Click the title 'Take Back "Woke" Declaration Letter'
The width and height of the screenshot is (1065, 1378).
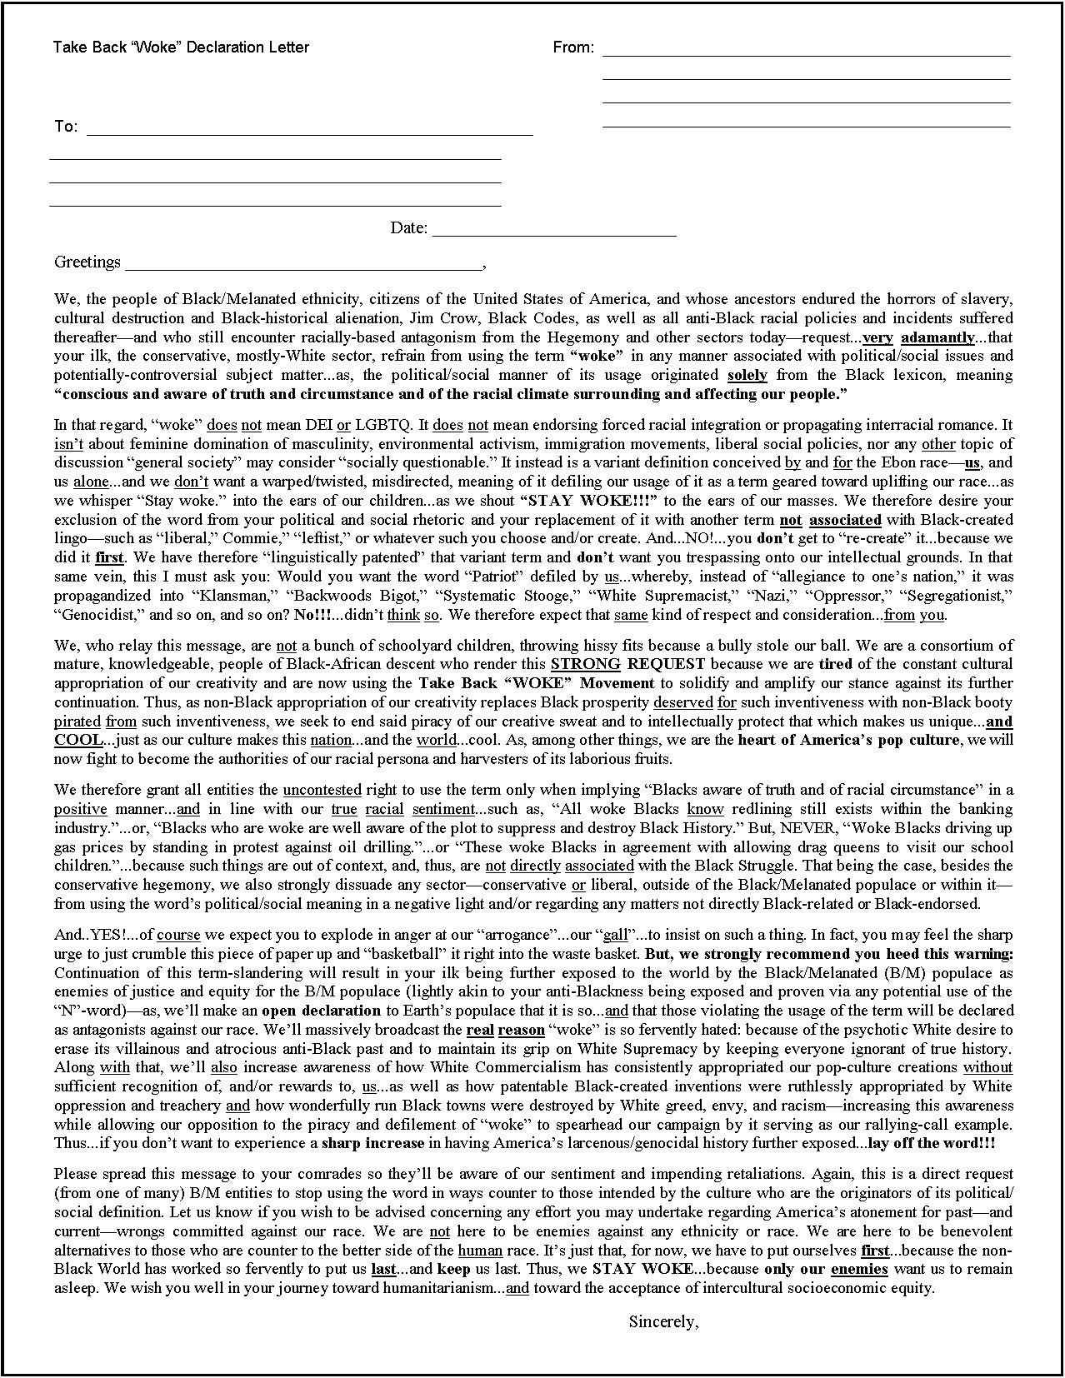(181, 47)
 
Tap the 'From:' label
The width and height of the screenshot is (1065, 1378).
(573, 47)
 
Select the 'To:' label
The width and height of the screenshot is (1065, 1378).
(66, 127)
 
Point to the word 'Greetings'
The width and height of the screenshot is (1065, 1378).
(87, 262)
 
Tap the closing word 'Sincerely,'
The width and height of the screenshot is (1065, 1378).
(663, 1321)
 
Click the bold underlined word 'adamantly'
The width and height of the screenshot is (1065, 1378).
(937, 337)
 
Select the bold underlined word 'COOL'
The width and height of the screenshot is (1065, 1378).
(78, 740)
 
